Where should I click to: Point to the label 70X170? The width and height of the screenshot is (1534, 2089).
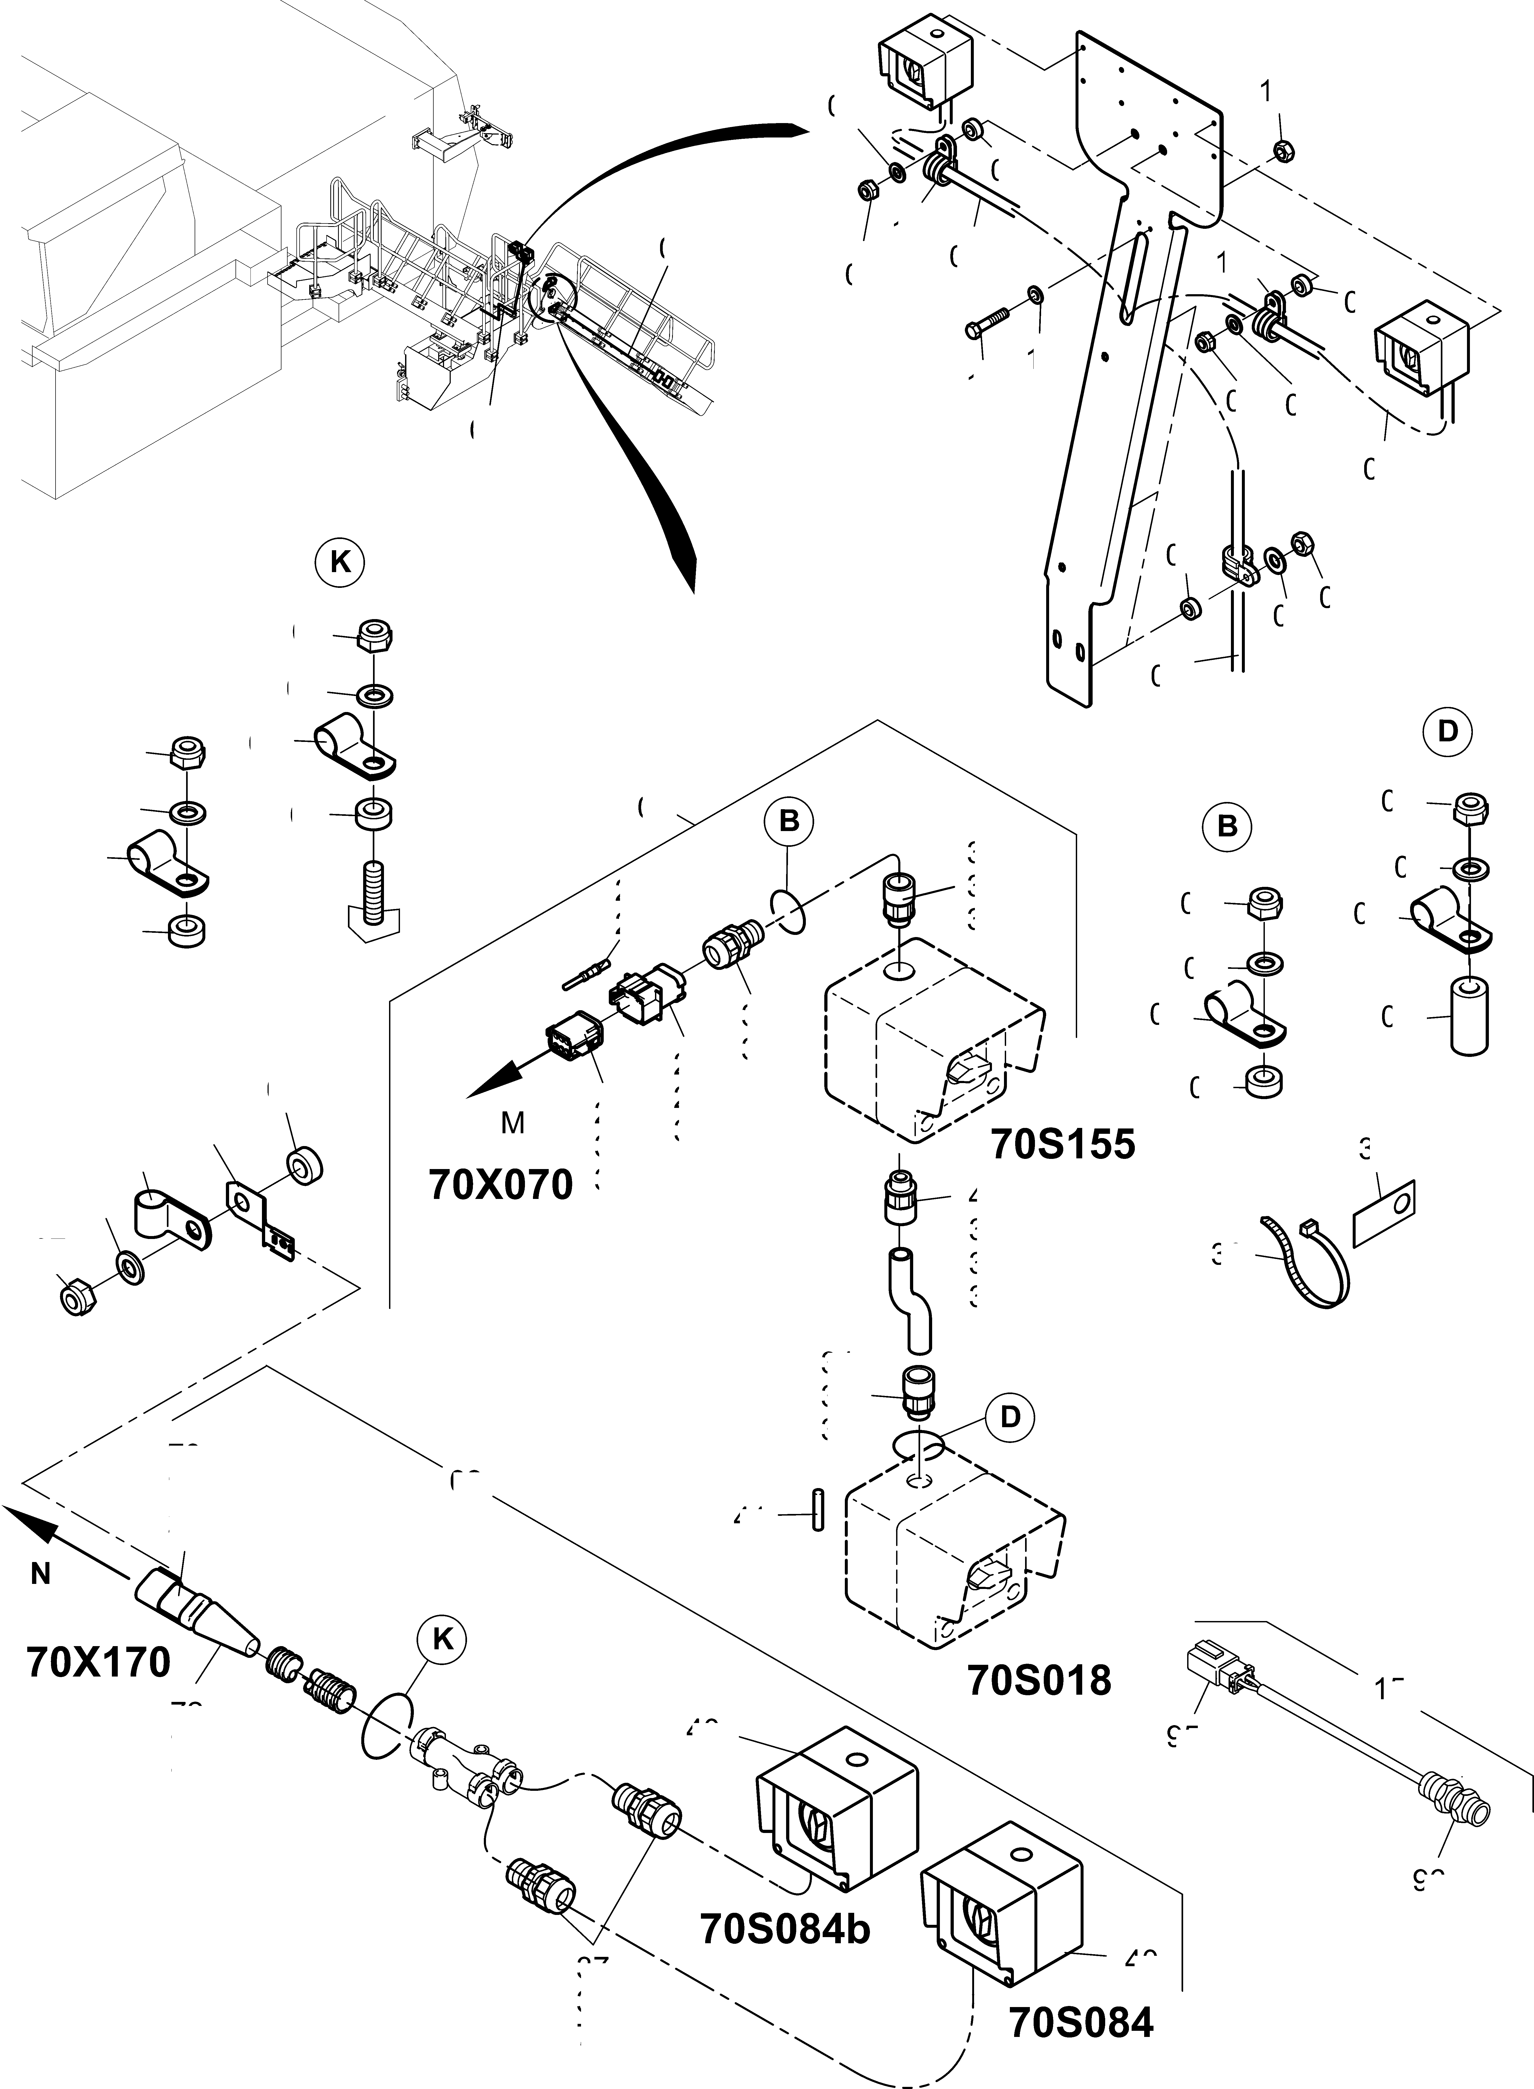coord(99,1662)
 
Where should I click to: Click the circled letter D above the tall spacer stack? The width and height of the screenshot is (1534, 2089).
coord(1448,731)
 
